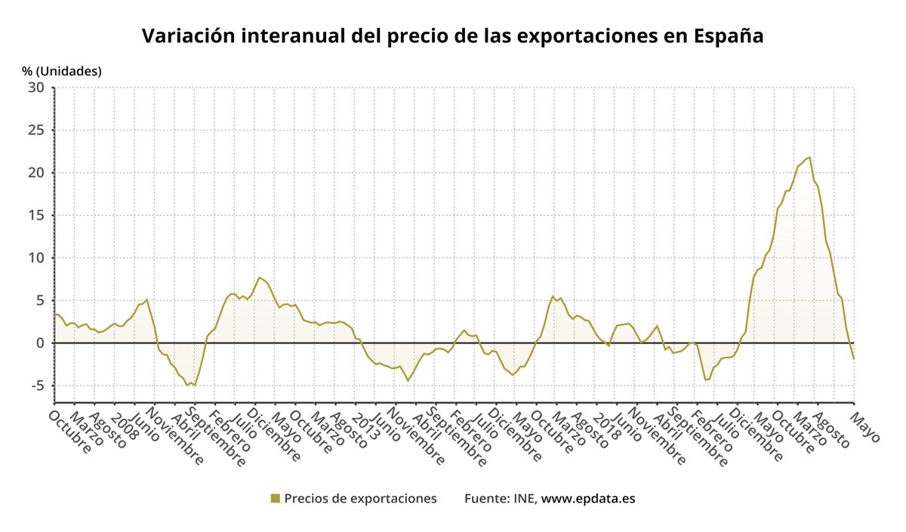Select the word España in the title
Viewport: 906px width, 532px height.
[729, 36]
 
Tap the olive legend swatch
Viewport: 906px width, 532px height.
[275, 498]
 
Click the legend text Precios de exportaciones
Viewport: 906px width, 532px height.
[360, 498]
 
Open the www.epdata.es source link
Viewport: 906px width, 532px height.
[588, 498]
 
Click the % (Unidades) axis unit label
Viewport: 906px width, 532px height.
[62, 71]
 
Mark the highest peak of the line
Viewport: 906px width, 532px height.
[809, 157]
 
